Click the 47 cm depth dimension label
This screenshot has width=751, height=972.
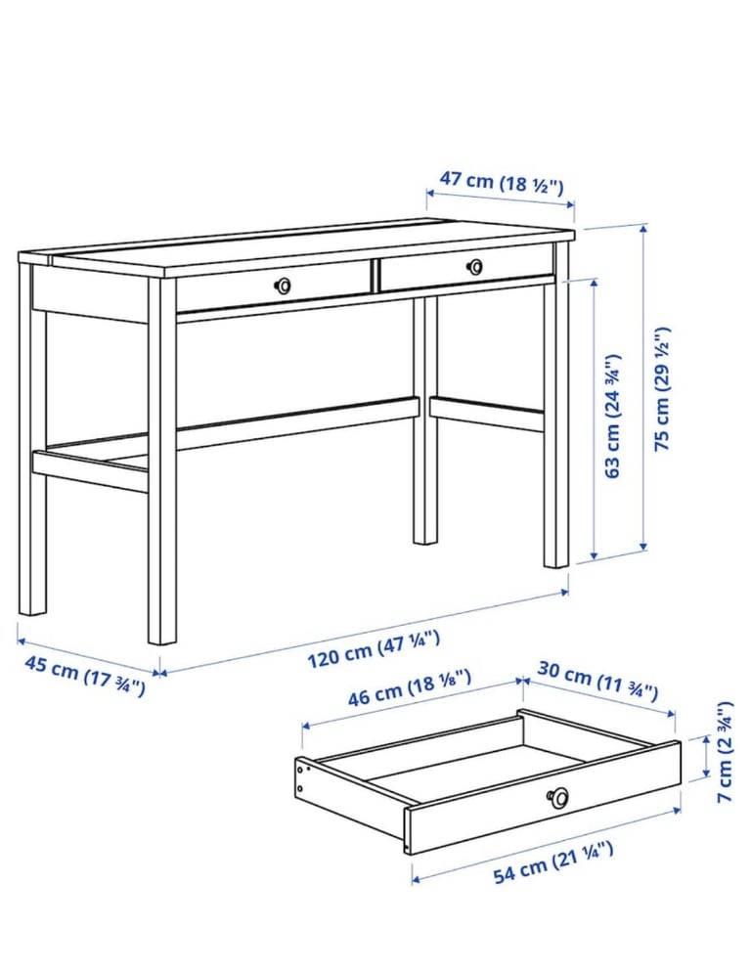click(502, 182)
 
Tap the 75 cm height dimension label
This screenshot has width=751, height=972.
click(662, 388)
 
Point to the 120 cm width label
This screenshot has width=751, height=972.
click(374, 649)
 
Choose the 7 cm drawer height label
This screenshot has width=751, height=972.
click(725, 751)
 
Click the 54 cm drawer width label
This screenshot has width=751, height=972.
click(553, 862)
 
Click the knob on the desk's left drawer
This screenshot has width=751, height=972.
click(283, 286)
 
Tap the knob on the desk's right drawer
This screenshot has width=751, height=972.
click(475, 267)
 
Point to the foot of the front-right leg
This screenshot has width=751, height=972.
click(556, 565)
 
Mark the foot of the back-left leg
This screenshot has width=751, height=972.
click(32, 612)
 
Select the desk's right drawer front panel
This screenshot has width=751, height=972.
click(465, 267)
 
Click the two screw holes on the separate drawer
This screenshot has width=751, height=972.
click(301, 779)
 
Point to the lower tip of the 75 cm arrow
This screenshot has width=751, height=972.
click(643, 551)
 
